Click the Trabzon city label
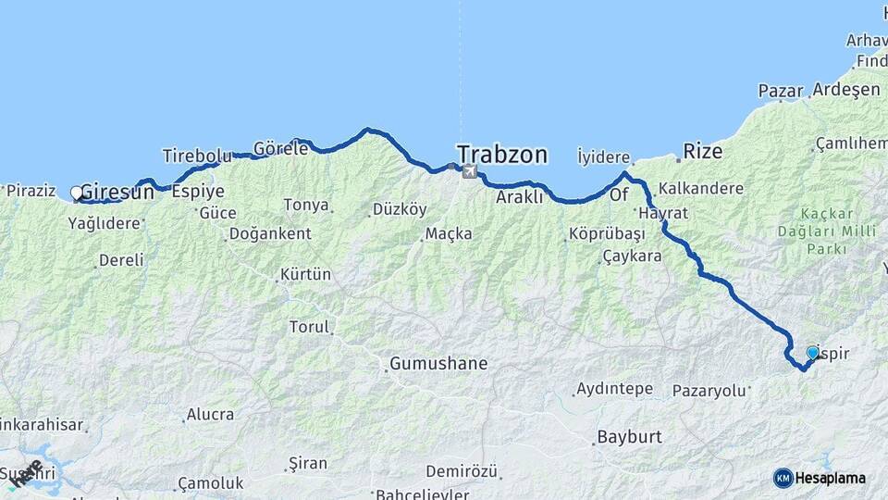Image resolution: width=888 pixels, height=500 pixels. pyautogui.click(x=502, y=154)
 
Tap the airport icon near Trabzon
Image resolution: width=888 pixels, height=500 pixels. pyautogui.click(x=469, y=171)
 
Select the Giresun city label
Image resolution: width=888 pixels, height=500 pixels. pyautogui.click(x=117, y=193)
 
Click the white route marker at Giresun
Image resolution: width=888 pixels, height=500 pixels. pyautogui.click(x=77, y=193)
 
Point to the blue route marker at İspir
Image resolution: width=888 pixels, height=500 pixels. pyautogui.click(x=812, y=353)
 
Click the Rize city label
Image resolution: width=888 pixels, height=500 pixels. pyautogui.click(x=702, y=151)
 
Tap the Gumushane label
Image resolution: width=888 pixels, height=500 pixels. pyautogui.click(x=438, y=364)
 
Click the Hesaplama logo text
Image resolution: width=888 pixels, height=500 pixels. pyautogui.click(x=831, y=478)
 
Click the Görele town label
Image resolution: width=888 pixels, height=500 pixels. pyautogui.click(x=280, y=148)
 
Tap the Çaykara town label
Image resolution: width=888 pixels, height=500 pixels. pyautogui.click(x=632, y=256)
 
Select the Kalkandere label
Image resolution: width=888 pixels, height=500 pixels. pyautogui.click(x=701, y=188)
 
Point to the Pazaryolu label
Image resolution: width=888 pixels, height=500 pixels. pyautogui.click(x=709, y=391)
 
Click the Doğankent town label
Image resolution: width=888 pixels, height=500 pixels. pyautogui.click(x=270, y=233)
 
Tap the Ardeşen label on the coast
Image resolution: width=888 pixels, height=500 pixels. pyautogui.click(x=846, y=90)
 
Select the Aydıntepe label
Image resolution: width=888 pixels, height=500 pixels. pyautogui.click(x=613, y=389)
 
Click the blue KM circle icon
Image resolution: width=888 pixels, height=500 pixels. pyautogui.click(x=783, y=478)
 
